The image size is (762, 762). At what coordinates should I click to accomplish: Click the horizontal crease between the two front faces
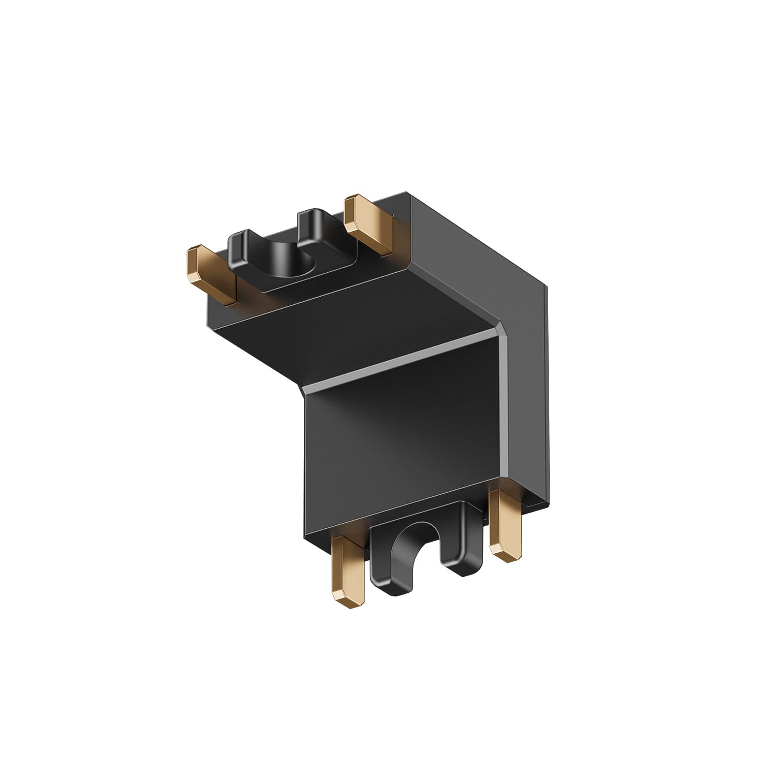(x=401, y=361)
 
